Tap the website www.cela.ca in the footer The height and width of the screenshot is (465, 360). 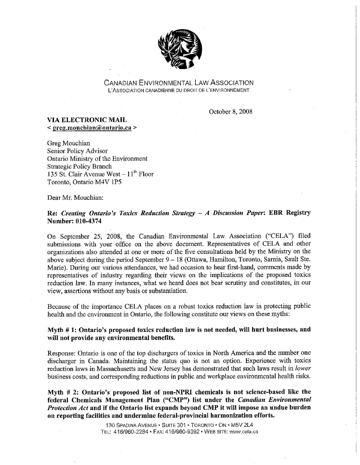point(246,432)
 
